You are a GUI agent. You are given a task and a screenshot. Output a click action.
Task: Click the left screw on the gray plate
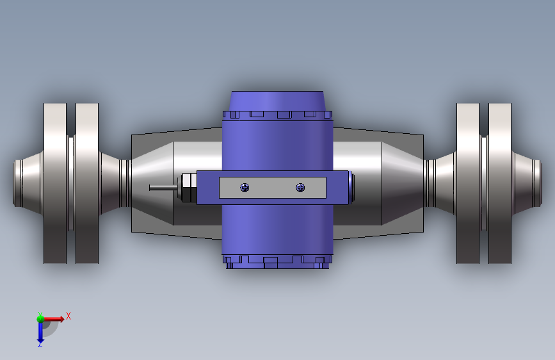[245, 188]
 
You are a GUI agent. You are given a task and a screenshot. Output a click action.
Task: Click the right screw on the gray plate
[300, 188]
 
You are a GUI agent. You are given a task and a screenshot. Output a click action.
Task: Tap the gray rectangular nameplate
[273, 188]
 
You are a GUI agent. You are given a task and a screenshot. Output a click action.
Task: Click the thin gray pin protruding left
[163, 188]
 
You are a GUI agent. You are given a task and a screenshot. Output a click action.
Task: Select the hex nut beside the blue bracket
[189, 188]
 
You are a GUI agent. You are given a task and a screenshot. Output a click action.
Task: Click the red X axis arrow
[53, 319]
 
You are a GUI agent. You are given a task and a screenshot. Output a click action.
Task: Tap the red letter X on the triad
[68, 316]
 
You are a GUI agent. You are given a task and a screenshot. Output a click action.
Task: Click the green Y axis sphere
[41, 319]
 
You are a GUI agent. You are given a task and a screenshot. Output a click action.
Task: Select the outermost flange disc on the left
[55, 183]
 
